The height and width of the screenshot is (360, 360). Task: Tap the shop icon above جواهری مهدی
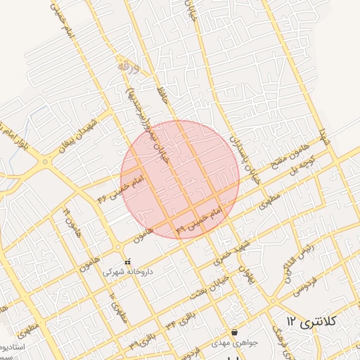[x=234, y=333]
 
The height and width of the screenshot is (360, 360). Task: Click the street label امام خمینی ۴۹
[x=198, y=220]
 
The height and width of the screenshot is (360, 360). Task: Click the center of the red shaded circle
[x=180, y=180]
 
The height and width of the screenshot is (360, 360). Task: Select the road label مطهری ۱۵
[x=117, y=306]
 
